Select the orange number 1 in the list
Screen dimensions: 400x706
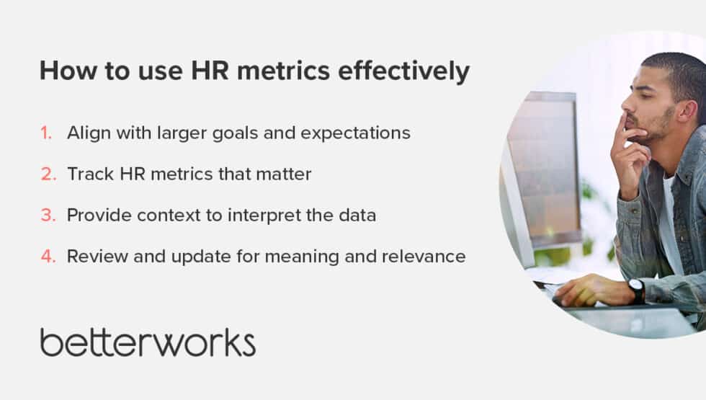pyautogui.click(x=47, y=133)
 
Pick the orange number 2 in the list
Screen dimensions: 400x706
pyautogui.click(x=47, y=174)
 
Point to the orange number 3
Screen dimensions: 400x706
pyautogui.click(x=47, y=215)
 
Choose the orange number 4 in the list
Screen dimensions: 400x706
pyautogui.click(x=47, y=256)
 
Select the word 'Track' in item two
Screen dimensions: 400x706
pyautogui.click(x=87, y=174)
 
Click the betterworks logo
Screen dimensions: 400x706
pyautogui.click(x=148, y=342)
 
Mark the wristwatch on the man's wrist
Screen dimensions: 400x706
pyautogui.click(x=636, y=290)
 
